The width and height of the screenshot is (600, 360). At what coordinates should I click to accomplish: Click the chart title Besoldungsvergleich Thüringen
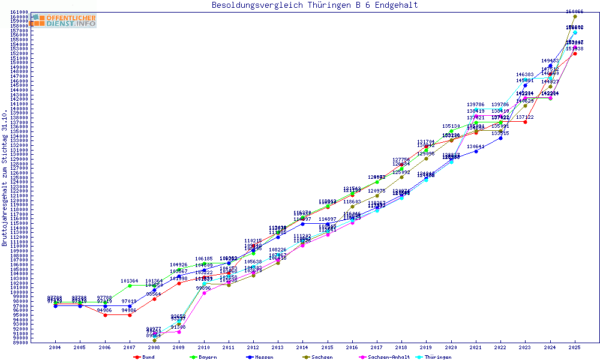coord(314,5)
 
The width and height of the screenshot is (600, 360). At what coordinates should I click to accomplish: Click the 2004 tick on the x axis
coord(55,347)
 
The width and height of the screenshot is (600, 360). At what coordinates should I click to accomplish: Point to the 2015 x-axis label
coord(328,347)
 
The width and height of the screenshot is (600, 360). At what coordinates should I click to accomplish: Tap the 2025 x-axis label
coord(575,347)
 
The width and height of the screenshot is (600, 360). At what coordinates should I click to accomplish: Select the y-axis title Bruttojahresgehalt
coord(5,178)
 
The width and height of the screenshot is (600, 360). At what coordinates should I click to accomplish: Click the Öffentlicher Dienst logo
coord(64,20)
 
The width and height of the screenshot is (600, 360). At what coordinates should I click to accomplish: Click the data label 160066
coord(575,11)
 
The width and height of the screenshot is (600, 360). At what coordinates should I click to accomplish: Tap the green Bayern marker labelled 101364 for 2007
coord(130,286)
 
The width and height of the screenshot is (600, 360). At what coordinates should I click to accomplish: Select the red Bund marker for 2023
coord(525,122)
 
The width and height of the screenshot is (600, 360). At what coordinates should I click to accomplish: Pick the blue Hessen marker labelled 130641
coord(476,151)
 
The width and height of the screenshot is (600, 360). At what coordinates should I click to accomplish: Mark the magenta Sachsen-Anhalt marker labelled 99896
coord(204,293)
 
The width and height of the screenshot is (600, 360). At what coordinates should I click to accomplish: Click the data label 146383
coord(525,75)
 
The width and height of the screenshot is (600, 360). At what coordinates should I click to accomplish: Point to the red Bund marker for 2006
coord(105,315)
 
